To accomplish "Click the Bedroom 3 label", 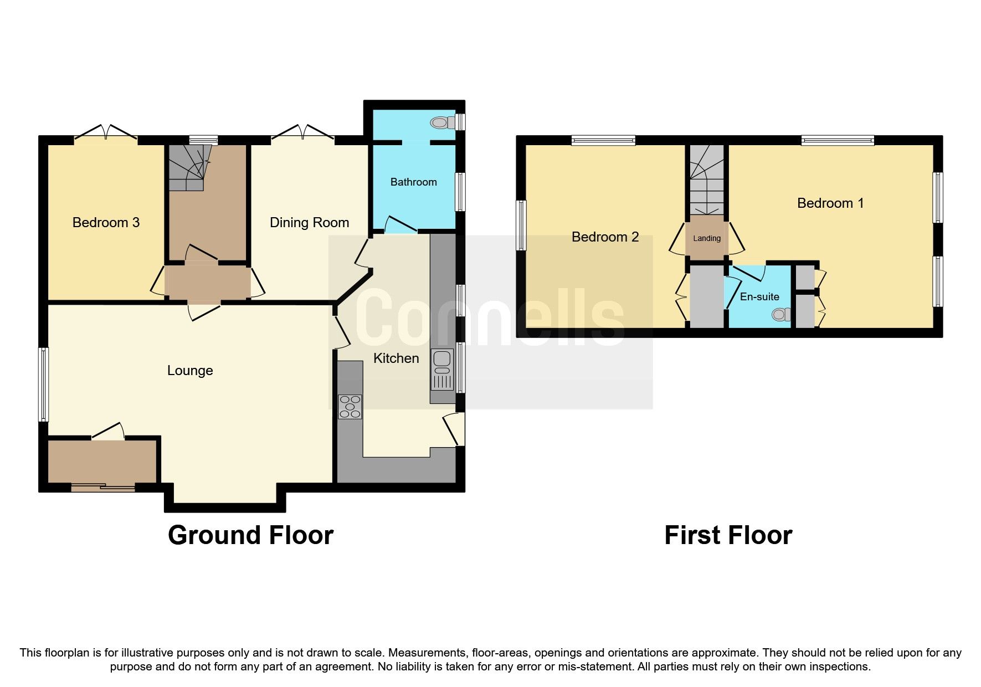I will [106, 223].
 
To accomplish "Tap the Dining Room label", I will [309, 223].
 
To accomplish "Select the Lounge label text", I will [190, 371].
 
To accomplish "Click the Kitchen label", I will [396, 358].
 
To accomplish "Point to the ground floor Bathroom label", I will [413, 182].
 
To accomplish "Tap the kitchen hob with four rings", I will [350, 407].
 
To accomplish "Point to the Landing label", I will [707, 238].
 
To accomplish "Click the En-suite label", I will [759, 297].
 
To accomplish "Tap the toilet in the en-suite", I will [782, 315].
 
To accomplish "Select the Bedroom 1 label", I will [830, 203].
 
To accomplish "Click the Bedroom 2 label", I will [605, 237].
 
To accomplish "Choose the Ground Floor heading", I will [250, 535].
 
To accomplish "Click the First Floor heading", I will [728, 535].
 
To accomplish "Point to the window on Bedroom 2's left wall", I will [521, 225].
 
